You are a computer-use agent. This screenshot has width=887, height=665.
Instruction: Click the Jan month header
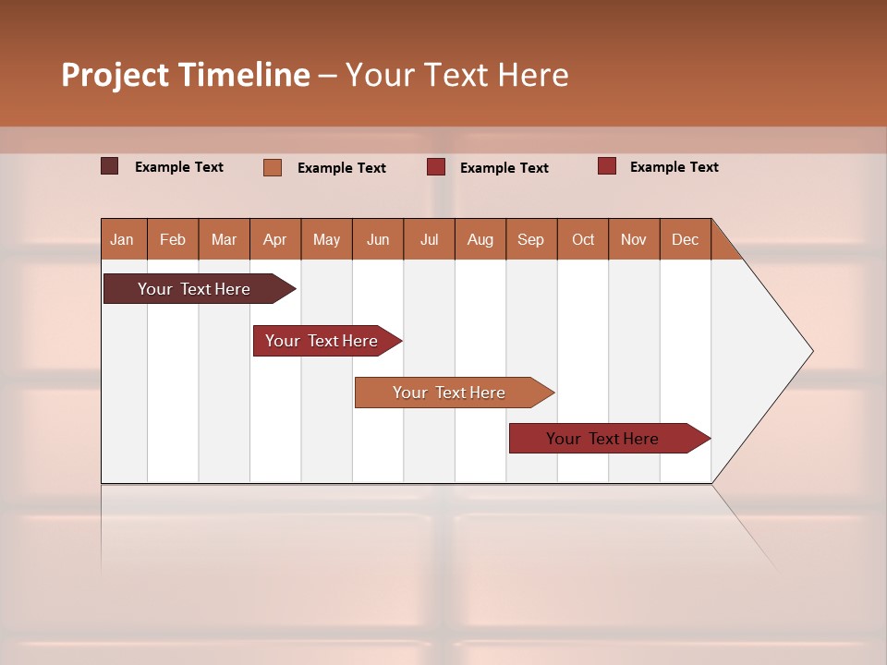123,239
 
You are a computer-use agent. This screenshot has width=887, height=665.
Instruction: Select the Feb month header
173,239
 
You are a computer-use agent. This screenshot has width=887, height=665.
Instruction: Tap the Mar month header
224,239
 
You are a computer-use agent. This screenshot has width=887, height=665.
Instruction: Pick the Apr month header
275,239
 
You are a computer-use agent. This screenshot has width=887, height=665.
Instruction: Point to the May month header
326,239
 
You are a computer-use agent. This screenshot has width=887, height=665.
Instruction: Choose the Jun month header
378,239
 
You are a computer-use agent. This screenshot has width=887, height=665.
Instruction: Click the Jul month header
429,239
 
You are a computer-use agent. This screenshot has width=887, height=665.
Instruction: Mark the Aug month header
480,239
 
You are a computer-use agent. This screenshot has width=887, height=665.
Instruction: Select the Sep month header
531,239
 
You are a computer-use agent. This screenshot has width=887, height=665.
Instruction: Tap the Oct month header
583,239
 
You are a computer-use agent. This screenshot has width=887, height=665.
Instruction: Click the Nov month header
634,239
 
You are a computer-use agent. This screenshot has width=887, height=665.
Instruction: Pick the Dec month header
686,239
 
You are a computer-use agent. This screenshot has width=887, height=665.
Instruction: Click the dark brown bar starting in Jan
195,289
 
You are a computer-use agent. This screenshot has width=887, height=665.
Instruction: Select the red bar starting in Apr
322,341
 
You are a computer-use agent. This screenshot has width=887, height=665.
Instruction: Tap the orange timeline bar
450,393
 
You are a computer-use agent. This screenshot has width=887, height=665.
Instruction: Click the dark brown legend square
110,166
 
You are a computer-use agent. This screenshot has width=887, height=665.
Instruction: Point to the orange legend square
273,167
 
